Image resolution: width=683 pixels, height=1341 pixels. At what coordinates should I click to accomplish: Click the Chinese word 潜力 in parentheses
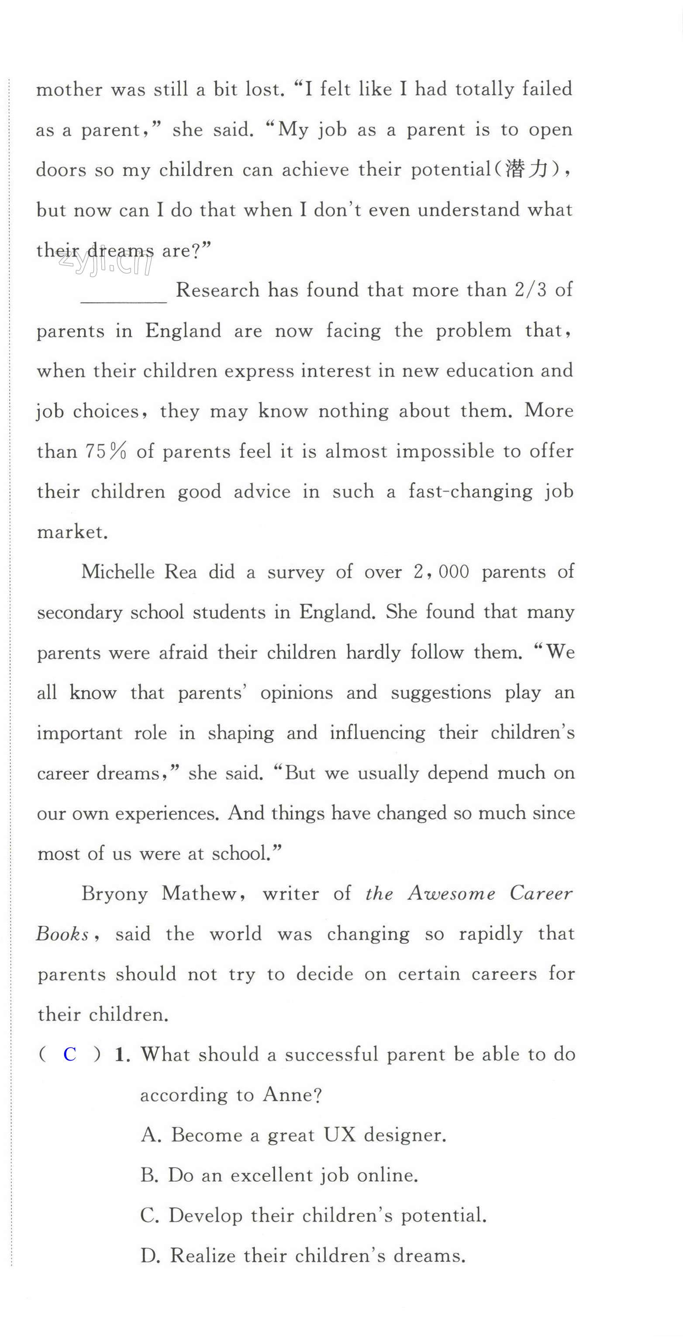527,170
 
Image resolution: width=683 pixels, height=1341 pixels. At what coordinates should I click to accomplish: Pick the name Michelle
118,572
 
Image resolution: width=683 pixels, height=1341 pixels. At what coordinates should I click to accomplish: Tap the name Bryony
114,894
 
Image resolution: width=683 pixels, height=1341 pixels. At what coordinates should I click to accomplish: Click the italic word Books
62,934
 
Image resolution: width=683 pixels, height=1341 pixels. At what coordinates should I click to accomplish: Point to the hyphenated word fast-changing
470,491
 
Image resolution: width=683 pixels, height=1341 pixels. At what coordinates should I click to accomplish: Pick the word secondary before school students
79,613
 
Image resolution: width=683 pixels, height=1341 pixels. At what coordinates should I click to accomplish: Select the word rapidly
490,934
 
